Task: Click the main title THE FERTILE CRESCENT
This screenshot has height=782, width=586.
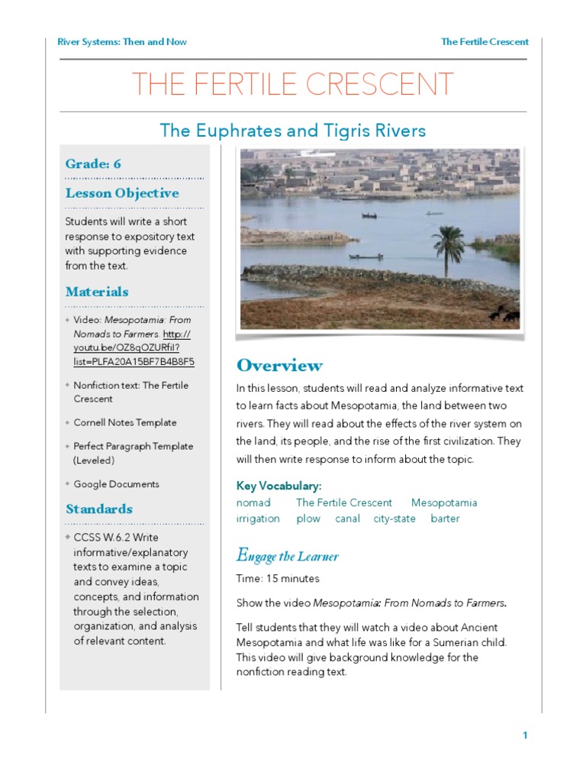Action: (293, 85)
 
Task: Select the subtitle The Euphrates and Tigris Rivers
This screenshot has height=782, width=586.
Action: (293, 131)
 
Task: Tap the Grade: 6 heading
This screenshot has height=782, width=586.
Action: (93, 164)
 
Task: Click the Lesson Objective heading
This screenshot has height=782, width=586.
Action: (122, 193)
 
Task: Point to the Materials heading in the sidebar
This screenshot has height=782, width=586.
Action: (97, 292)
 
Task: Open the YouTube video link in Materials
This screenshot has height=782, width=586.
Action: (134, 348)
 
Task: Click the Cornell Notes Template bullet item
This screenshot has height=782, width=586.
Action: (124, 422)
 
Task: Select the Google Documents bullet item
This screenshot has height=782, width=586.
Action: (116, 484)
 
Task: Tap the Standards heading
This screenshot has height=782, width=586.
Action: (99, 509)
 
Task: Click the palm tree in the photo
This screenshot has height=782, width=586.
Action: (449, 249)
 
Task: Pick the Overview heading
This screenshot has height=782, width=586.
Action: (279, 365)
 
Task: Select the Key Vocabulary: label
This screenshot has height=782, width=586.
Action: (279, 486)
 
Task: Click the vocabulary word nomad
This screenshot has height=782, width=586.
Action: (253, 503)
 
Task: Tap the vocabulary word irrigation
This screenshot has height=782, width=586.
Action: (258, 519)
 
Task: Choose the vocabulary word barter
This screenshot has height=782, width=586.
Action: (445, 519)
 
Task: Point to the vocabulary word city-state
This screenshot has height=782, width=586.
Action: (394, 519)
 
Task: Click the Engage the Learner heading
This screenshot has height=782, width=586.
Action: (287, 556)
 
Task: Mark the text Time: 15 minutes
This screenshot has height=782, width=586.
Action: (278, 579)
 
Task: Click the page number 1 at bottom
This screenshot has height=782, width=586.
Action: (525, 735)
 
